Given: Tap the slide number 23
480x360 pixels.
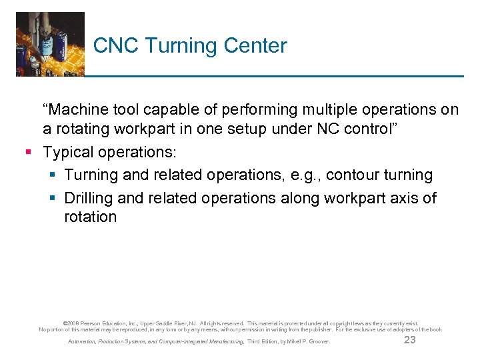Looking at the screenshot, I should point(409,341).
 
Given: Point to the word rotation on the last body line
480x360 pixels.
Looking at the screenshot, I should point(90,217).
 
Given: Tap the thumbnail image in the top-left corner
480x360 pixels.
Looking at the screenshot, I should point(50,44).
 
